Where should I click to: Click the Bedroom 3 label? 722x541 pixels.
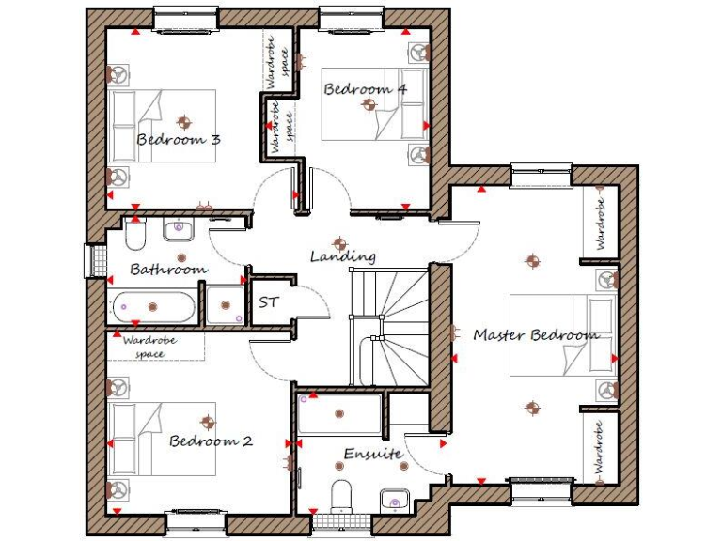click(179, 140)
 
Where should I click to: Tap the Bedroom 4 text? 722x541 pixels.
click(365, 89)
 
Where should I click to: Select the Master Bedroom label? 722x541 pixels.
click(535, 334)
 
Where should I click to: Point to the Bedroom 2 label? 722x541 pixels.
click(212, 441)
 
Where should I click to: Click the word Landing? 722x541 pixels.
click(343, 256)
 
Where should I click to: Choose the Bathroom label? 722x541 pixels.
click(167, 270)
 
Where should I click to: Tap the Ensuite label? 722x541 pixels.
click(372, 455)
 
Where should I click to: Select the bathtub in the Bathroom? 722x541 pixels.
click(154, 306)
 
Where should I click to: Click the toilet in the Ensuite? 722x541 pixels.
click(342, 495)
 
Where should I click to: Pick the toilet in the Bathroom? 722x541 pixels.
click(134, 236)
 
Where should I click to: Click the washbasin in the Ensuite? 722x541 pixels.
click(393, 499)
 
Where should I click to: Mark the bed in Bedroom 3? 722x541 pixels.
click(162, 127)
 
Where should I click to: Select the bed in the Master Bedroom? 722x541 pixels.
click(562, 335)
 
